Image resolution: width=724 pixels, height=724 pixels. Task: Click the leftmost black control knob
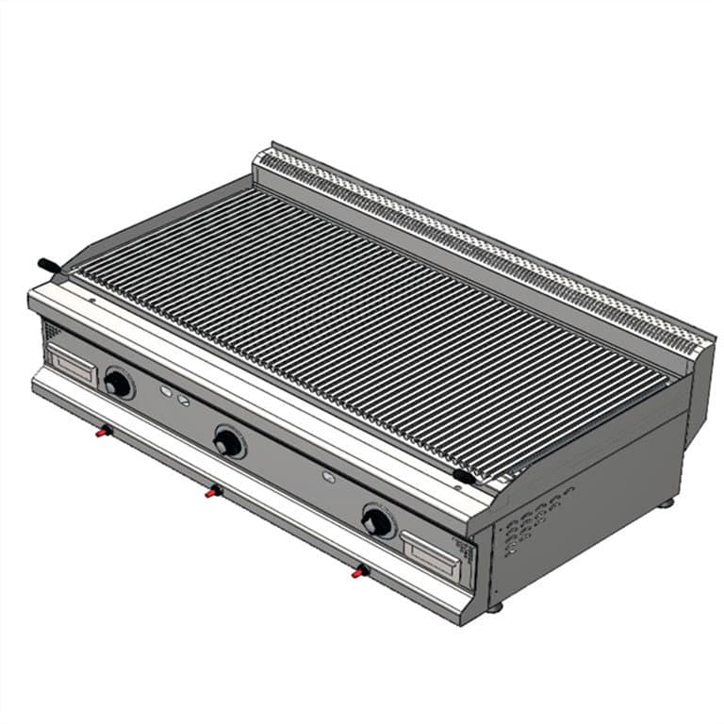pos(118,383)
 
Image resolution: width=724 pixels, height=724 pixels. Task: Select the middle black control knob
pos(227,442)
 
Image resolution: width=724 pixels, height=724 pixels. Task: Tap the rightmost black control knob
pos(376,521)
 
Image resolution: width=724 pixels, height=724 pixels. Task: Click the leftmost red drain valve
pos(103,432)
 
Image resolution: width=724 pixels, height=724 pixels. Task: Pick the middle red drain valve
pos(214,491)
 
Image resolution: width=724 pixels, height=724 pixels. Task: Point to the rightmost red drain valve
pos(358,570)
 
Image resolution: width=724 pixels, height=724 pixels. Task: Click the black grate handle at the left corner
pos(47,266)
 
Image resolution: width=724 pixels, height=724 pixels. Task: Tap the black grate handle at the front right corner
pos(463,477)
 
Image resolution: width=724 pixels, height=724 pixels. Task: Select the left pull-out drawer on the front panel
pos(72,365)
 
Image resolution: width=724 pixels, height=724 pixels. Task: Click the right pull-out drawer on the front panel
pos(430,553)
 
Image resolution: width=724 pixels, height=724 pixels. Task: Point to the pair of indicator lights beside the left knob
pos(174,395)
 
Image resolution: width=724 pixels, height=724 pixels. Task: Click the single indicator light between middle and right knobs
pos(328,476)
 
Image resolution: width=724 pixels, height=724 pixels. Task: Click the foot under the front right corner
pos(495,606)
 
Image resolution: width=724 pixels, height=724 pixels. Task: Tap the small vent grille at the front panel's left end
pos(51,332)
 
